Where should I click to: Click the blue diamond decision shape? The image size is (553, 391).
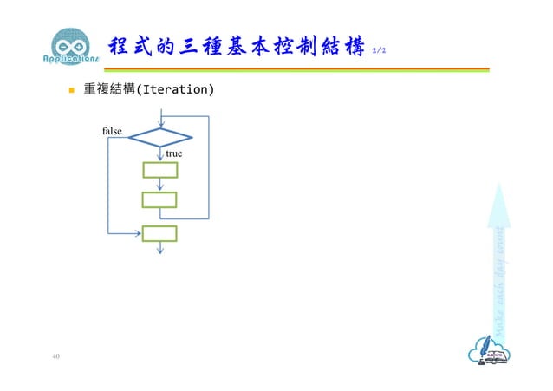[x=159, y=137]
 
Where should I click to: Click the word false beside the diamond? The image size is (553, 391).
[x=113, y=131]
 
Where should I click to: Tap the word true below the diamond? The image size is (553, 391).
[x=174, y=153]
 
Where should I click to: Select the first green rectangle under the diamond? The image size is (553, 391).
[x=159, y=170]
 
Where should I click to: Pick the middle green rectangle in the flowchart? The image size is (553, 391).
[x=159, y=200]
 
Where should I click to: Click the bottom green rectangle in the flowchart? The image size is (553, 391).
[x=159, y=233]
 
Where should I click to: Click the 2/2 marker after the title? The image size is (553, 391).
[x=378, y=51]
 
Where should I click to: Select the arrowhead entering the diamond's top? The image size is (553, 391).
[x=160, y=124]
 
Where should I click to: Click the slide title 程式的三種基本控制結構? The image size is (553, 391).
[x=234, y=47]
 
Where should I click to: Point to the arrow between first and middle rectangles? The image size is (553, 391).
[x=160, y=185]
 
